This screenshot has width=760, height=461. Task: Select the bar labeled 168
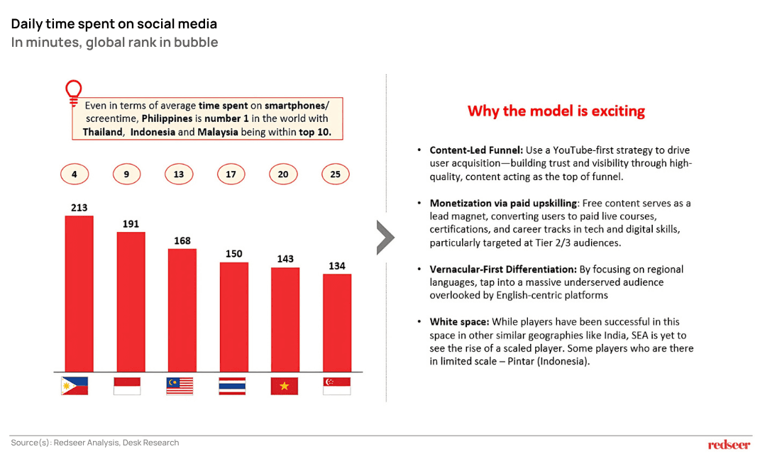[182, 310]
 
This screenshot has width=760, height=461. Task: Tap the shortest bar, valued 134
[337, 323]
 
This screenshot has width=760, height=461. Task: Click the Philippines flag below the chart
[75, 386]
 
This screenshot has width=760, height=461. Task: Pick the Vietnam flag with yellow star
[285, 386]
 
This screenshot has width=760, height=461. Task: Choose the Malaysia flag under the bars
[180, 386]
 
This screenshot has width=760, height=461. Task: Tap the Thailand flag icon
[232, 386]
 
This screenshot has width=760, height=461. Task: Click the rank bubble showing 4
[75, 174]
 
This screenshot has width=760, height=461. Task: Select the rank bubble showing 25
[336, 174]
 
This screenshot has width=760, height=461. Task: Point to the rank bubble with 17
[231, 174]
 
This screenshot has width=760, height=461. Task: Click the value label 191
[131, 223]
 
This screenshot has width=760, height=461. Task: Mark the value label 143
[285, 259]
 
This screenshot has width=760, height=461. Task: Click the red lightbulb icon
[72, 92]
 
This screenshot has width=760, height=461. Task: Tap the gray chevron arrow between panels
[385, 237]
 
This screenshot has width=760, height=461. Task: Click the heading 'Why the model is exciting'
[556, 111]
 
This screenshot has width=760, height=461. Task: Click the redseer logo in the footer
[729, 445]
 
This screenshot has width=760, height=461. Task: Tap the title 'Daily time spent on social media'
[114, 24]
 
